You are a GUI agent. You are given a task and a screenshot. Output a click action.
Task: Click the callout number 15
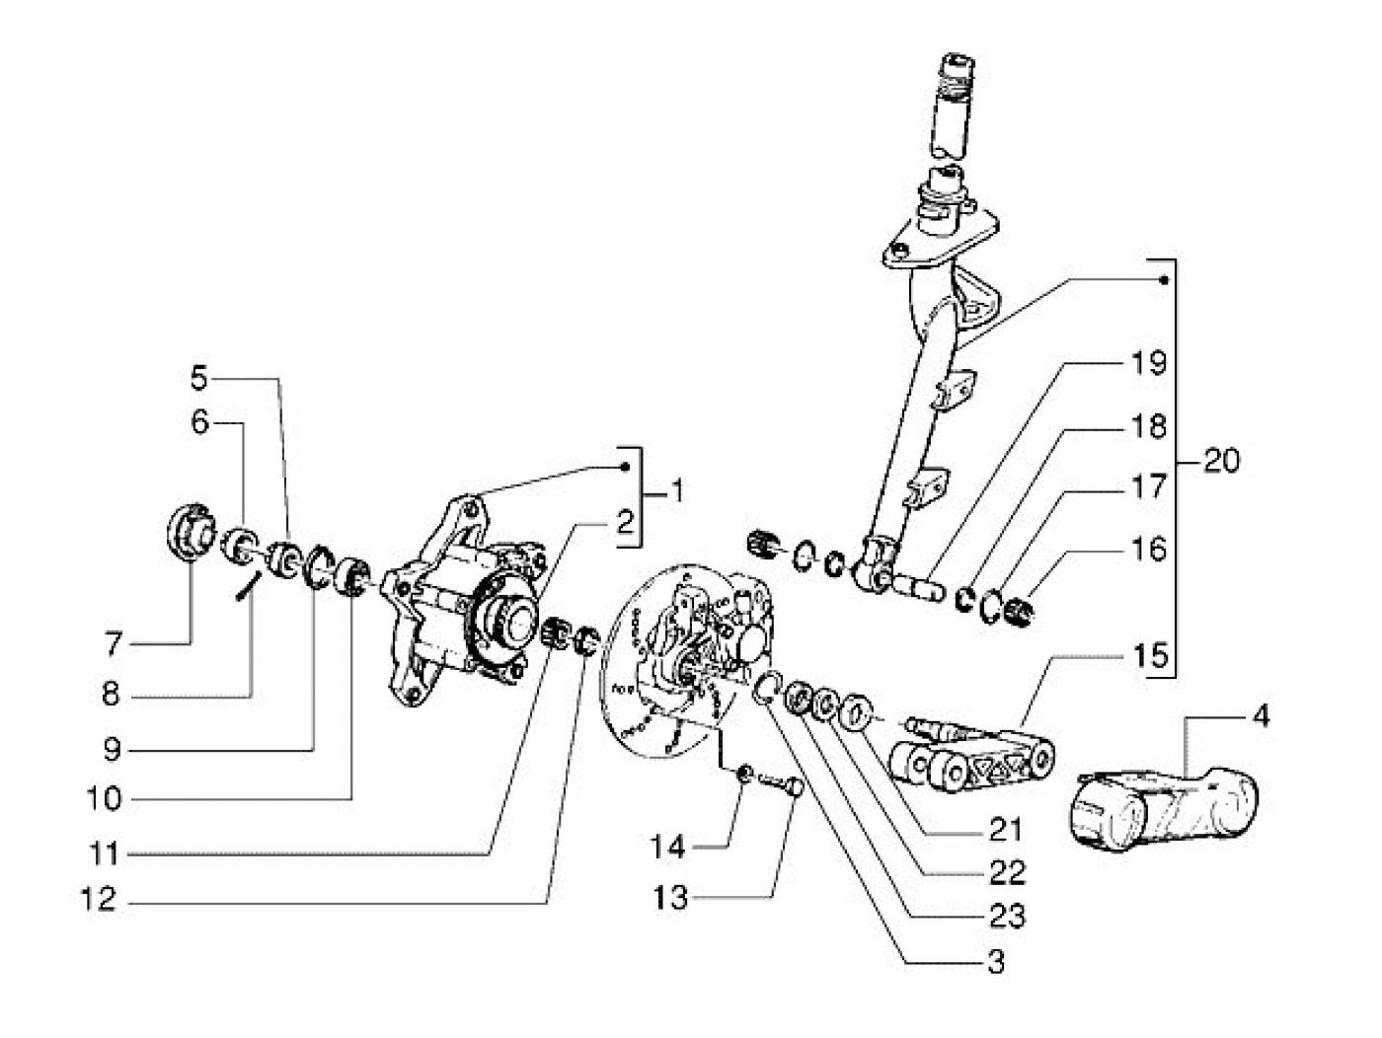click(x=1150, y=654)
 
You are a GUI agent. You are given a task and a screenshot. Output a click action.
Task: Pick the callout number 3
click(x=996, y=961)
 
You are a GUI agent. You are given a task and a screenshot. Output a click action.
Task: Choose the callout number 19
click(x=1150, y=364)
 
